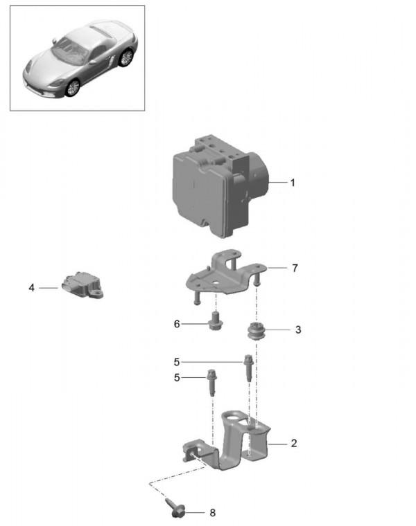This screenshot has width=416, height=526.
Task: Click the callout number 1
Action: tap(293, 183)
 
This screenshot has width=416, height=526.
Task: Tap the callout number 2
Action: tap(293, 443)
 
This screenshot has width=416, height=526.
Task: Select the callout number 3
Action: tap(298, 330)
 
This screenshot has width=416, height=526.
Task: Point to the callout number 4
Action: tap(31, 287)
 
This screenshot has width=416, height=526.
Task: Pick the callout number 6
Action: tap(177, 323)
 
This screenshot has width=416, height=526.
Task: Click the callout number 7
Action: tap(295, 268)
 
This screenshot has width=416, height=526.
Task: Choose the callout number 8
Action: tap(213, 513)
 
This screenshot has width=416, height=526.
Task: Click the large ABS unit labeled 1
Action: tap(208, 187)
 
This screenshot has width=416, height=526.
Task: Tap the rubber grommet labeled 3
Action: tap(259, 332)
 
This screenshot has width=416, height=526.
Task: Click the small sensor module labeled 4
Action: tap(82, 285)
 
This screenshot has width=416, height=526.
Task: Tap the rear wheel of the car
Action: tap(125, 58)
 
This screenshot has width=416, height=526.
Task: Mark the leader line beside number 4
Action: tap(49, 287)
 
